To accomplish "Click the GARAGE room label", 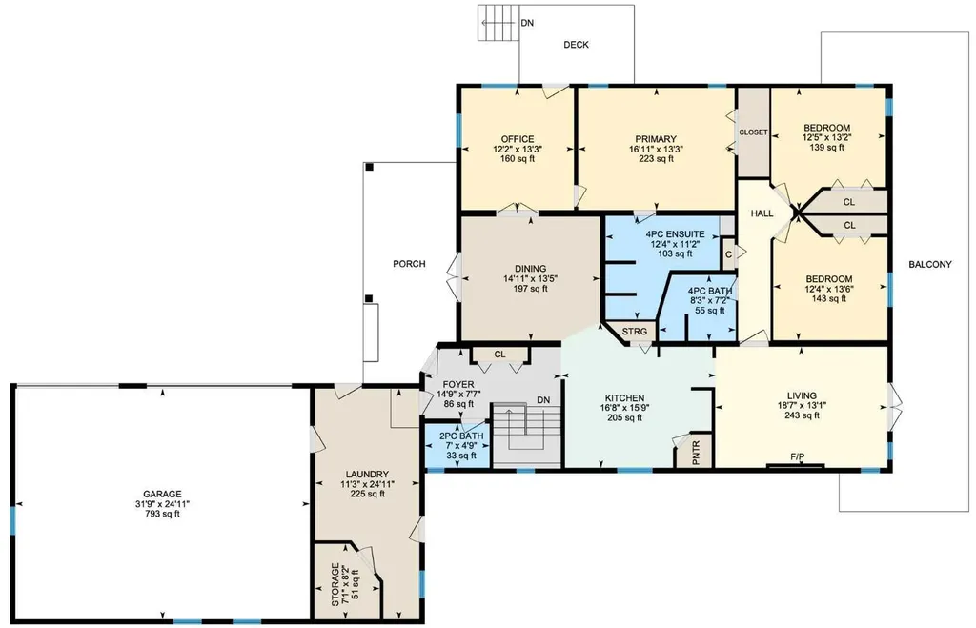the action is [162, 495].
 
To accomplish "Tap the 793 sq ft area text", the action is [162, 514].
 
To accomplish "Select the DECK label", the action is [577, 45].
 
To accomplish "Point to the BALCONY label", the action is [930, 265].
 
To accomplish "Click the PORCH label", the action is [410, 264].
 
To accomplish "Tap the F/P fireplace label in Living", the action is [798, 457].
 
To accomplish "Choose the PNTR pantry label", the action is [696, 453].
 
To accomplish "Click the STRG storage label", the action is [635, 332].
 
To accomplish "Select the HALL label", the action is [762, 213].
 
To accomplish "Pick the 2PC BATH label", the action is [461, 436].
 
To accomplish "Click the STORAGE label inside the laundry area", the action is [335, 584].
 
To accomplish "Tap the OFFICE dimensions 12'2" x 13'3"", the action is [518, 150].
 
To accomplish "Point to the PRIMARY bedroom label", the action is [656, 139].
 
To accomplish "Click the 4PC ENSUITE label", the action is [676, 234].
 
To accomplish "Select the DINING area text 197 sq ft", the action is [530, 289].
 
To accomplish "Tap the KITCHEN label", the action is [625, 398].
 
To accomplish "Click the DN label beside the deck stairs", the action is [527, 23].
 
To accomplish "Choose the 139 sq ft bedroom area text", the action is [827, 148].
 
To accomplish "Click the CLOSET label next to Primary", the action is [753, 132].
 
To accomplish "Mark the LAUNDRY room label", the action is [367, 475].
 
